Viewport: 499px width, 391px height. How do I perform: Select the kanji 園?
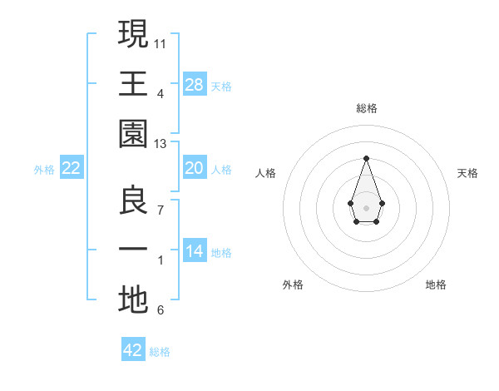[133, 131]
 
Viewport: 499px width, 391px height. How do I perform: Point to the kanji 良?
[133, 202]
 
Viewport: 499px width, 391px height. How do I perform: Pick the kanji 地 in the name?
[133, 300]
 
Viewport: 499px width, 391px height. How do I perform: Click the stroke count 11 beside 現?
[161, 42]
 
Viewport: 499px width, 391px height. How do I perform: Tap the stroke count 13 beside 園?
[161, 144]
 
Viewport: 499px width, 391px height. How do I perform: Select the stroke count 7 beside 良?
[160, 210]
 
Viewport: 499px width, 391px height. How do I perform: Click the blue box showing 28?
[195, 84]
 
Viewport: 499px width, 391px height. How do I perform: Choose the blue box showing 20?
[195, 168]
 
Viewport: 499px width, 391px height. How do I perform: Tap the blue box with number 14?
[195, 251]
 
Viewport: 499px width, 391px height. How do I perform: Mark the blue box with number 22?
[72, 168]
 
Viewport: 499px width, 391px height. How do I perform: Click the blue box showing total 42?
[133, 350]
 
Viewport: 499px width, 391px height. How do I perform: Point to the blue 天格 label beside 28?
[221, 87]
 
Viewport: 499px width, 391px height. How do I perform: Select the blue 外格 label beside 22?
[44, 170]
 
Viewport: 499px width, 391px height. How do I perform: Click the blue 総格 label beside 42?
[160, 352]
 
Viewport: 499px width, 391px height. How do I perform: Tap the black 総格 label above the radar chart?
[366, 108]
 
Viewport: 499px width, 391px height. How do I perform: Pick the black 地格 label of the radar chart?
[436, 285]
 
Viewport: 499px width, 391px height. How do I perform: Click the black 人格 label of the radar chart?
[265, 173]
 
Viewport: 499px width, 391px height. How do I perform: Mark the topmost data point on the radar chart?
[366, 158]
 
